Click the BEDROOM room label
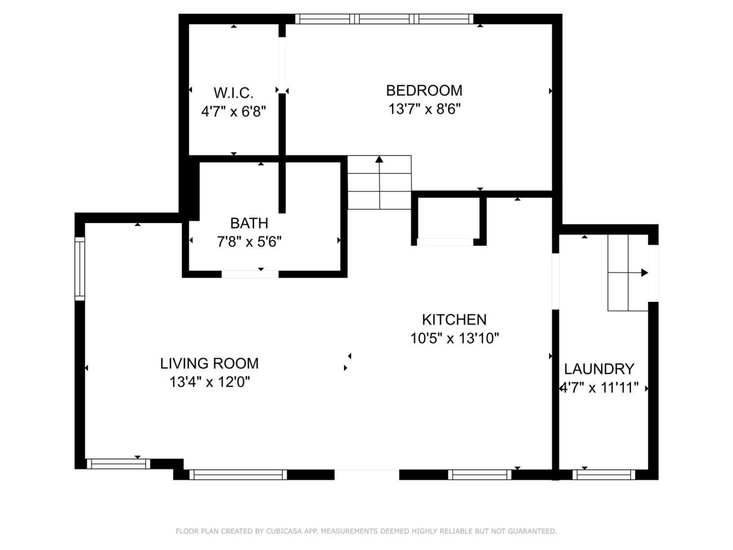click(x=424, y=90)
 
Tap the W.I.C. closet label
click(x=233, y=93)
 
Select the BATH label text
click(x=249, y=223)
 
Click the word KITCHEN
click(x=454, y=320)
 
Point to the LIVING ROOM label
click(x=210, y=364)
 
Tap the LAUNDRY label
click(x=599, y=369)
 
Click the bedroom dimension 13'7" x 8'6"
click(x=425, y=109)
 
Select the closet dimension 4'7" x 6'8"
click(x=233, y=111)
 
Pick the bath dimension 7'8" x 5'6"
click(x=249, y=241)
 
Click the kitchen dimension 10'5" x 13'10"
click(x=454, y=339)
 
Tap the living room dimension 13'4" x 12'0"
click(x=210, y=382)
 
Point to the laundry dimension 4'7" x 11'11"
click(x=599, y=387)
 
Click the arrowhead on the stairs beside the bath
click(x=379, y=159)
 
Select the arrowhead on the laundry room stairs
click(x=644, y=273)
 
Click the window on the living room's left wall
click(x=80, y=268)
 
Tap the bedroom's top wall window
click(x=384, y=19)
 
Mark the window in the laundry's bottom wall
click(x=604, y=475)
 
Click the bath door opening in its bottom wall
click(x=250, y=274)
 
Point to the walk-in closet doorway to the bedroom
click(x=282, y=65)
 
